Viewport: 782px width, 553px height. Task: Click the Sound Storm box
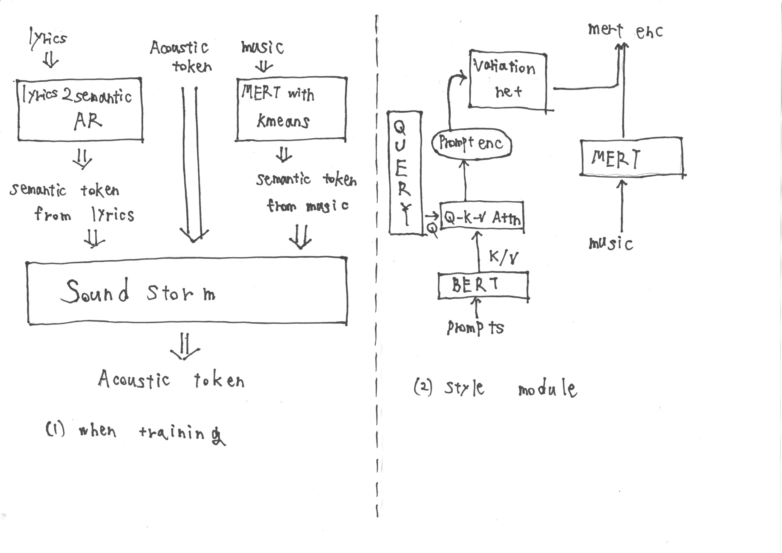[x=187, y=291]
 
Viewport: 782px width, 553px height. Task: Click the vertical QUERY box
[x=405, y=173]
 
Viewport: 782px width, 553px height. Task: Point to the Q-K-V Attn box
[x=482, y=217]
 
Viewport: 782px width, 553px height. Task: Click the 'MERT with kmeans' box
[x=291, y=108]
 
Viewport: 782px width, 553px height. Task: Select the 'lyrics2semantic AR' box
[x=80, y=109]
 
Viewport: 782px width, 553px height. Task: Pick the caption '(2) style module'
[x=495, y=388]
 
